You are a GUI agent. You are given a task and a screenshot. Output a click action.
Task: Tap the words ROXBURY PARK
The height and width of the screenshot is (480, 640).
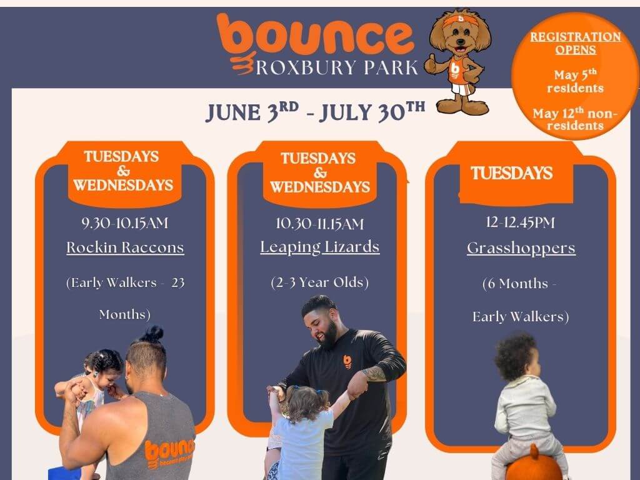point(337,67)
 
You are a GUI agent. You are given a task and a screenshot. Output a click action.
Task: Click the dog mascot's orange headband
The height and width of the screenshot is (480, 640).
point(461,20)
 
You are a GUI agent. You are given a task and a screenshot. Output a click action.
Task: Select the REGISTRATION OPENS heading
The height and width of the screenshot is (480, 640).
point(576,43)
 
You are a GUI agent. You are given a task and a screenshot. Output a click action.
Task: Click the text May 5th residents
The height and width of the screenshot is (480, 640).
point(576,81)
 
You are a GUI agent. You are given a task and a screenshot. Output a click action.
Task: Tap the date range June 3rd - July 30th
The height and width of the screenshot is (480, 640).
point(315,112)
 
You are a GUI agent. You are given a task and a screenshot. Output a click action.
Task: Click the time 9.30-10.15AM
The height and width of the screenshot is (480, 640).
point(125,223)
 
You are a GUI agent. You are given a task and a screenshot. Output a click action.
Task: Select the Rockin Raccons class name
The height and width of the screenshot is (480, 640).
point(125,247)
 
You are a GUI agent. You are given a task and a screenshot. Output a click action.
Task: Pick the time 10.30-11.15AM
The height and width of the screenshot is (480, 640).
point(319,223)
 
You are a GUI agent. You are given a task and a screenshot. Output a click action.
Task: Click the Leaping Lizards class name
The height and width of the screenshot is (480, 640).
point(320,247)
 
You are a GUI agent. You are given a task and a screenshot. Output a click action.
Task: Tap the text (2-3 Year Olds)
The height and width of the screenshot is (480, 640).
point(319,282)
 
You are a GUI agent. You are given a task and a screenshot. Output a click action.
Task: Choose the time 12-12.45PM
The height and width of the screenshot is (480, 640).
point(521,222)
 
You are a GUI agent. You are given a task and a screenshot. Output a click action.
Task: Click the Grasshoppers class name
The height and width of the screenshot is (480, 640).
point(521,248)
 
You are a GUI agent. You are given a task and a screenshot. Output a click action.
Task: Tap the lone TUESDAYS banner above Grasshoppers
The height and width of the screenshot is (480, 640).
point(511,173)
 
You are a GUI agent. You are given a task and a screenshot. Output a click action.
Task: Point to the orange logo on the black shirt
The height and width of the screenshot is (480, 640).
point(347,362)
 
